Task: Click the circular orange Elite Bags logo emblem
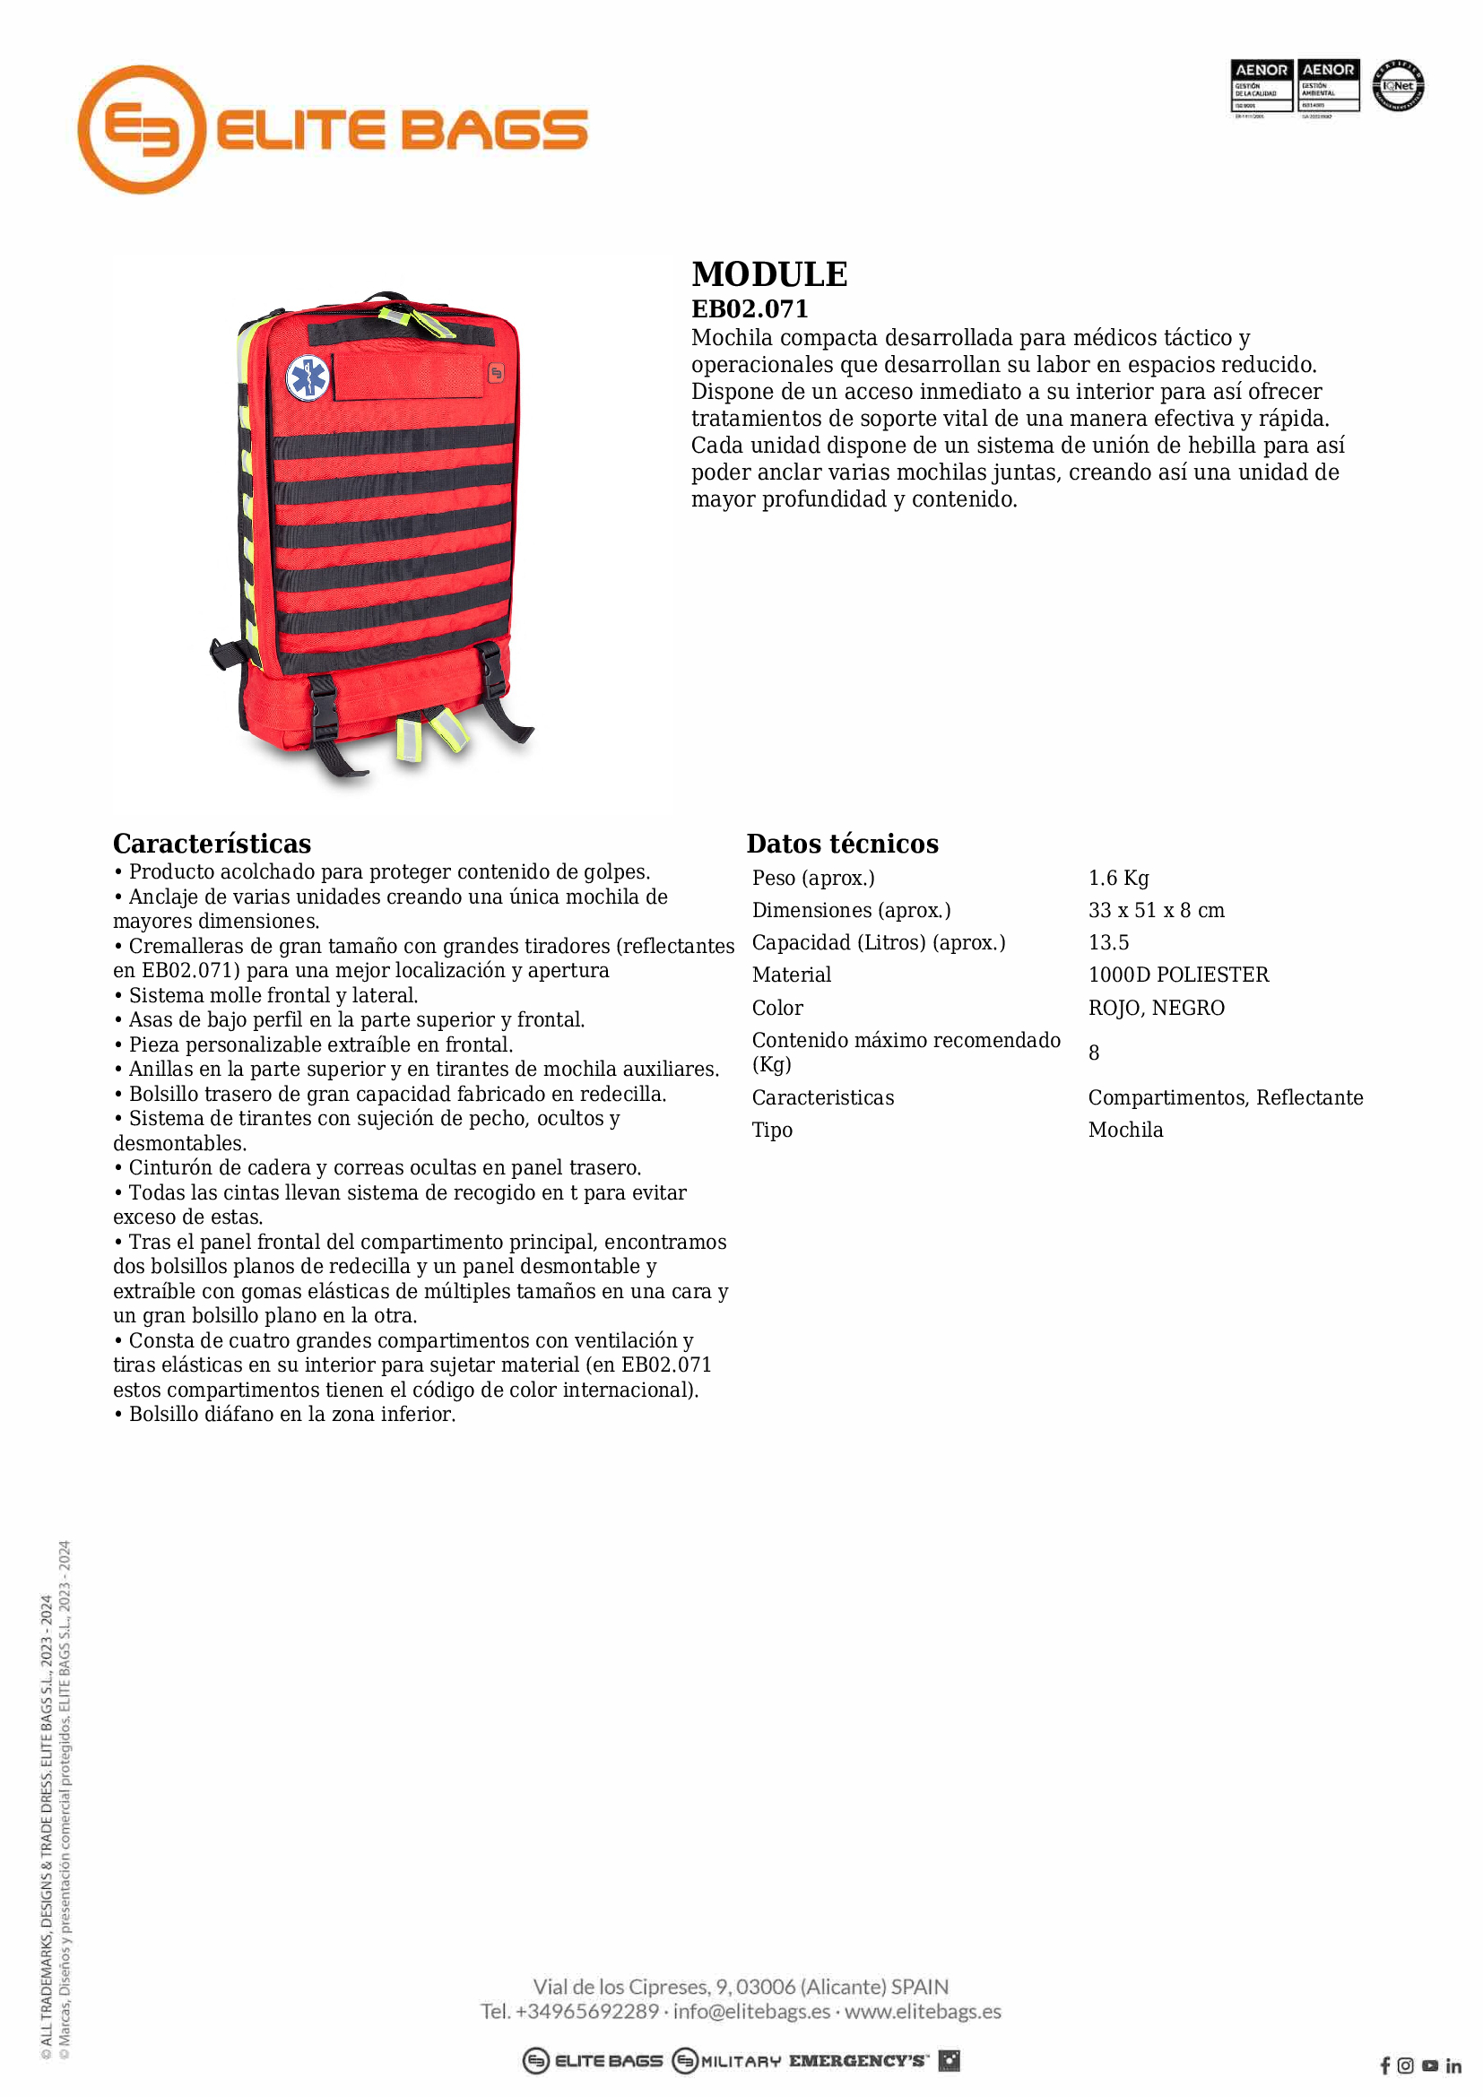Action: pyautogui.click(x=142, y=129)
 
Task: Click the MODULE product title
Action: pyautogui.click(x=769, y=274)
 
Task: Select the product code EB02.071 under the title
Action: pyautogui.click(x=749, y=308)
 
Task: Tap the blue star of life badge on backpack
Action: pyautogui.click(x=308, y=377)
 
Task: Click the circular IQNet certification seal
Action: pyautogui.click(x=1398, y=86)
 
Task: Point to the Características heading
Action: pyautogui.click(x=212, y=843)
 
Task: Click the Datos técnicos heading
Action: pyautogui.click(x=842, y=843)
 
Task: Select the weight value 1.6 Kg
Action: pyautogui.click(x=1118, y=878)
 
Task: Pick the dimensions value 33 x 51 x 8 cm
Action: pyautogui.click(x=1155, y=910)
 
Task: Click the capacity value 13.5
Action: pyautogui.click(x=1107, y=941)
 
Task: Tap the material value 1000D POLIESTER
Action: pyautogui.click(x=1178, y=975)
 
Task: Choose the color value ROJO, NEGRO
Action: pyautogui.click(x=1156, y=1008)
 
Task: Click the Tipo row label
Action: pyautogui.click(x=772, y=1130)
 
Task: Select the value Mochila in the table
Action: pyautogui.click(x=1125, y=1130)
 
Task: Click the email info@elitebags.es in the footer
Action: pyautogui.click(x=751, y=2011)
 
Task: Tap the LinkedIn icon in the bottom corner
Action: pyautogui.click(x=1453, y=2066)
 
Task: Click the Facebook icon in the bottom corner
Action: pyautogui.click(x=1385, y=2066)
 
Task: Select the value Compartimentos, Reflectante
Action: pyautogui.click(x=1225, y=1096)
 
